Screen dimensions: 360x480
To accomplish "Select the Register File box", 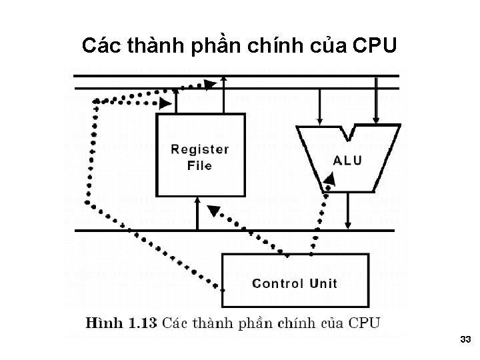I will (x=200, y=155).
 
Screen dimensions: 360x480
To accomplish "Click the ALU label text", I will (x=347, y=161).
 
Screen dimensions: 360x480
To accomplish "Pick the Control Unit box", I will (x=295, y=280).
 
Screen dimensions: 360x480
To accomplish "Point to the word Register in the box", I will (x=200, y=149).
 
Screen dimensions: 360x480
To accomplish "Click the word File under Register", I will (x=199, y=165).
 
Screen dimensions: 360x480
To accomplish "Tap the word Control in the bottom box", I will (x=278, y=283).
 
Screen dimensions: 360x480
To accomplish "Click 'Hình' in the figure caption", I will (x=105, y=323).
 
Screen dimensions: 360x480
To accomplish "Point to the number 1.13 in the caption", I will (x=143, y=323).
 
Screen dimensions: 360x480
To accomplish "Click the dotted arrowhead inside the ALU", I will (x=329, y=179).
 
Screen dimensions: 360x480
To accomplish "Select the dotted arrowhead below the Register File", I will (x=213, y=211).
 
